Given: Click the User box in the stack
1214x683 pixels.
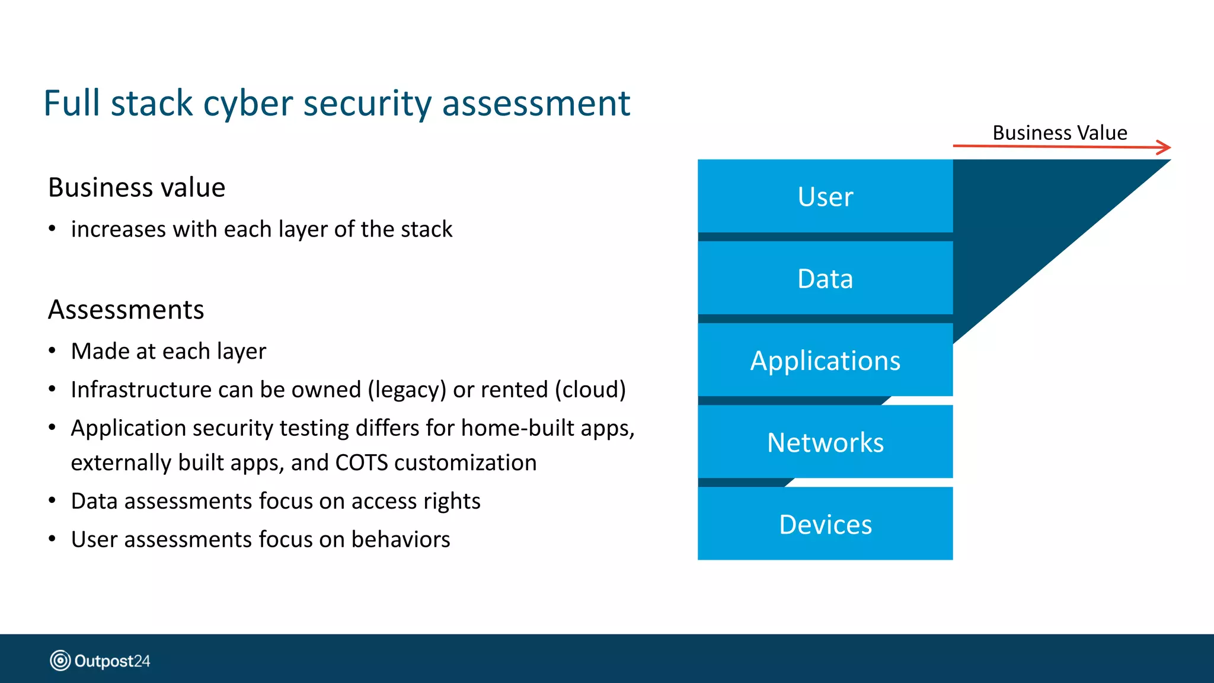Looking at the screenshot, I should [x=825, y=196].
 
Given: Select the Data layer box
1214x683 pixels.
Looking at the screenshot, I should [x=825, y=278].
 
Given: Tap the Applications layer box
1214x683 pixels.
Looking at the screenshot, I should [x=825, y=360].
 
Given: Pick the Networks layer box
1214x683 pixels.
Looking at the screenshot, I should [x=825, y=442].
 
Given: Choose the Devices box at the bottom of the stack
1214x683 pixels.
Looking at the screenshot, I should [x=825, y=524].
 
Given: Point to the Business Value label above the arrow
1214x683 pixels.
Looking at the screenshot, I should [x=1059, y=132].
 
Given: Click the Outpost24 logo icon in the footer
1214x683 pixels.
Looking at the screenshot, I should [x=60, y=660].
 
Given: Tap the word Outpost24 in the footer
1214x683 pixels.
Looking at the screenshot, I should [x=112, y=661].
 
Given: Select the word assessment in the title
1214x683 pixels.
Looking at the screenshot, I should [x=536, y=103].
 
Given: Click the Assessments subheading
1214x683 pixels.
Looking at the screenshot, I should [x=126, y=309].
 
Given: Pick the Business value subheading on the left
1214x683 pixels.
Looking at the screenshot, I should [x=136, y=187].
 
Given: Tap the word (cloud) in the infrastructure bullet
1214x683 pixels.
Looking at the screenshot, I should [x=590, y=390].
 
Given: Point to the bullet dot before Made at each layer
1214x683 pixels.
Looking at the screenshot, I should [x=52, y=351].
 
